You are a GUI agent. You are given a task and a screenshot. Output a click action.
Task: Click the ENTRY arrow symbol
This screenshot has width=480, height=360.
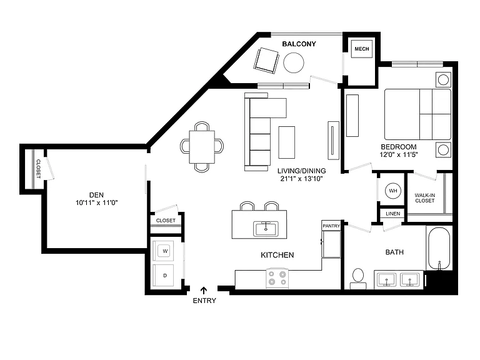pyautogui.click(x=204, y=290)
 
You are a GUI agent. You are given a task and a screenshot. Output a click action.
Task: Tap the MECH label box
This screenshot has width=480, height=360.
pyautogui.click(x=361, y=49)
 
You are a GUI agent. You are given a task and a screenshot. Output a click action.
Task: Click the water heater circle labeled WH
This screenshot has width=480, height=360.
pyautogui.click(x=392, y=191)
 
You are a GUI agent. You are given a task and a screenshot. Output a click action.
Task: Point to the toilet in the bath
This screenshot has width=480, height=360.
pyautogui.click(x=358, y=279)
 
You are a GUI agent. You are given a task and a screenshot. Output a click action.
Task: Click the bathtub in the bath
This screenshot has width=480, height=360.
pyautogui.click(x=439, y=249)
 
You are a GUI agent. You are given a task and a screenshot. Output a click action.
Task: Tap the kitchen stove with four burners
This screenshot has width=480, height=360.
pyautogui.click(x=277, y=278)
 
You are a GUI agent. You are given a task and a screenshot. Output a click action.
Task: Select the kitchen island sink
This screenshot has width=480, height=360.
pyautogui.click(x=266, y=229)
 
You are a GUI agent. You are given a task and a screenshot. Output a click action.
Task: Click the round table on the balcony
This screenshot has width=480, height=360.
pyautogui.click(x=294, y=62)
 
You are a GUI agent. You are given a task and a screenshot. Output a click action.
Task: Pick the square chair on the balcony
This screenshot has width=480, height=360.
pyautogui.click(x=266, y=61)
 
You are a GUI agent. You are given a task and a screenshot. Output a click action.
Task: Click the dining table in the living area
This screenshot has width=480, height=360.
pyautogui.click(x=202, y=147)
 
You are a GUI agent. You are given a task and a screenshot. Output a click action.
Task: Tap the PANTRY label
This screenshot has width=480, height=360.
pyautogui.click(x=331, y=226)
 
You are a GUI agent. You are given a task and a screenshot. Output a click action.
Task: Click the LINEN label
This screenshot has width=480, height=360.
pyautogui.click(x=392, y=214)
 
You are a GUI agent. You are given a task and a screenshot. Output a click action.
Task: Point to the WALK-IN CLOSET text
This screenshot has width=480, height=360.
pyautogui.click(x=424, y=197)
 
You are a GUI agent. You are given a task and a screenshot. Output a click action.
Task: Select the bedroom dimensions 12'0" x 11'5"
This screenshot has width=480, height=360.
pyautogui.click(x=399, y=154)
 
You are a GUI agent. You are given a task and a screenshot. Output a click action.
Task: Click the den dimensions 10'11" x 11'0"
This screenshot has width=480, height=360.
pyautogui.click(x=97, y=202)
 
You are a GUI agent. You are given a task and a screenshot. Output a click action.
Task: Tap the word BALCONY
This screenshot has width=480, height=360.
pyautogui.click(x=299, y=44)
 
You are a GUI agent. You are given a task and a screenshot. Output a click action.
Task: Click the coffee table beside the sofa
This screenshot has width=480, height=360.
pyautogui.click(x=286, y=142)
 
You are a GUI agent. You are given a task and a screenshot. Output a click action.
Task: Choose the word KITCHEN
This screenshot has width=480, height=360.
pyautogui.click(x=277, y=255)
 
